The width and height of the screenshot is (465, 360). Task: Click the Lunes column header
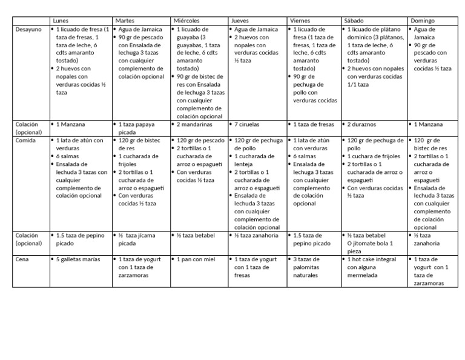tap(61, 21)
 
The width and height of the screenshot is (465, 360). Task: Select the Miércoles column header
tap(186, 21)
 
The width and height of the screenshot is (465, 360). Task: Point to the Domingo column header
tap(423, 21)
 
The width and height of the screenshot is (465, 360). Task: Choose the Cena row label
tap(22, 259)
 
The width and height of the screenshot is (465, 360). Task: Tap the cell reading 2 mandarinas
tap(194, 124)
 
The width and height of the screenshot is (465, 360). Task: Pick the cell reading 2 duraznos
tap(362, 124)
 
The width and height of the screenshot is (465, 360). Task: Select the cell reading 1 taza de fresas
tap(314, 124)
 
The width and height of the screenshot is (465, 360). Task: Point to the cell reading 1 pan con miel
tap(196, 259)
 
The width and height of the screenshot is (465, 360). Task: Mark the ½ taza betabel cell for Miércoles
tap(195, 235)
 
